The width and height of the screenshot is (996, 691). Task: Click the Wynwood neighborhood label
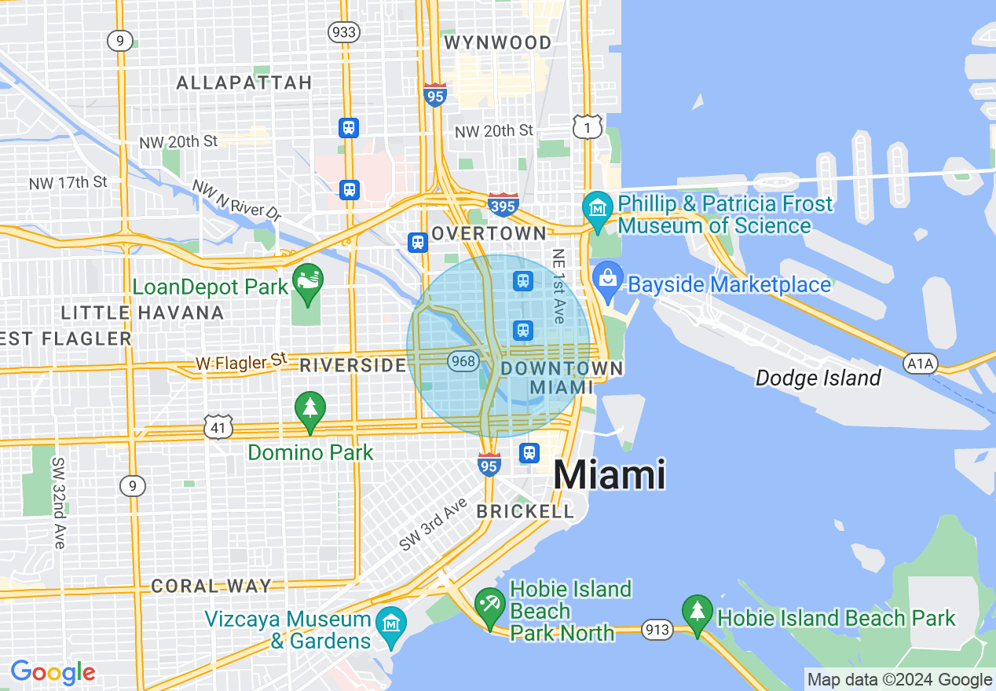(497, 42)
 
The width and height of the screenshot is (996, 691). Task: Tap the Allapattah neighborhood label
(244, 82)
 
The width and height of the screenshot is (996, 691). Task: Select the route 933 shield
(343, 32)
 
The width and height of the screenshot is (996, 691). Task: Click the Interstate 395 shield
(503, 205)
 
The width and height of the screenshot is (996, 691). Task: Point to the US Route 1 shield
(588, 127)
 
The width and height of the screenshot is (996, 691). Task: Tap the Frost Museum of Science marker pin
(598, 210)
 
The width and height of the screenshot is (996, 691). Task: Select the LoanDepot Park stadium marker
(306, 283)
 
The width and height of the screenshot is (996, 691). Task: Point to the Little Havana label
(142, 313)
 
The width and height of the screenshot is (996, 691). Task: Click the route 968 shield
(463, 360)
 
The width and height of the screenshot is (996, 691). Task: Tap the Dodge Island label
(818, 378)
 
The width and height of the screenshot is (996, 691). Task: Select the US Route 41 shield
(217, 427)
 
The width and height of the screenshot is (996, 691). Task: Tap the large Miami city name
(610, 475)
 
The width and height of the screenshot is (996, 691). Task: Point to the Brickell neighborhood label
(525, 511)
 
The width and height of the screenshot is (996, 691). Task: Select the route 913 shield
(656, 629)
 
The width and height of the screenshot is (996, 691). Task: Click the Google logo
(53, 672)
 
